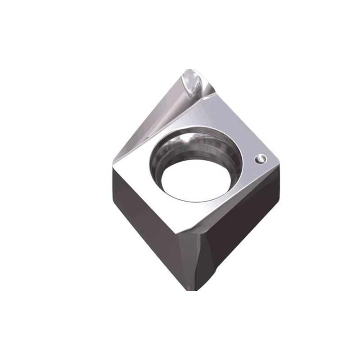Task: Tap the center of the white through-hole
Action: (198, 176)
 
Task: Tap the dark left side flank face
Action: (144, 216)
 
